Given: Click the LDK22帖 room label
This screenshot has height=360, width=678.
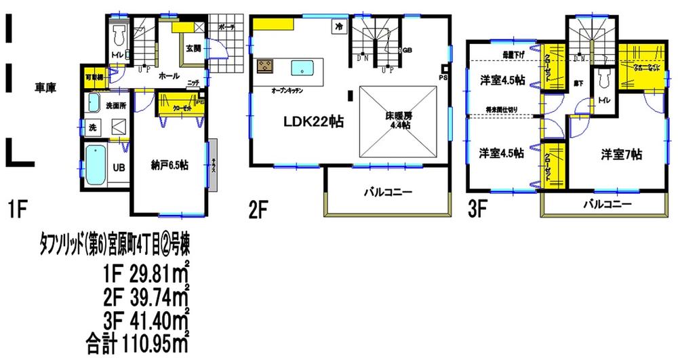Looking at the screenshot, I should pyautogui.click(x=313, y=122).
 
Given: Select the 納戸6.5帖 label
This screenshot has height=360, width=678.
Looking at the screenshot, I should pyautogui.click(x=169, y=165).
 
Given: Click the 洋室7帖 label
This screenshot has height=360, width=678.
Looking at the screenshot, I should pyautogui.click(x=620, y=155).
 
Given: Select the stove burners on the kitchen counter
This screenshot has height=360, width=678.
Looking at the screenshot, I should pyautogui.click(x=264, y=66).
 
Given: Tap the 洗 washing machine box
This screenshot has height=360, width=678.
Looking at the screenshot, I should pyautogui.click(x=92, y=127).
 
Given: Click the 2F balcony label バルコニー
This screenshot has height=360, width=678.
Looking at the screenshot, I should pyautogui.click(x=389, y=192).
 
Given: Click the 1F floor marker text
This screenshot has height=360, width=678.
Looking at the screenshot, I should pyautogui.click(x=18, y=210).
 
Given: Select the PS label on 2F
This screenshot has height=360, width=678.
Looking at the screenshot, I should pyautogui.click(x=444, y=77).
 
